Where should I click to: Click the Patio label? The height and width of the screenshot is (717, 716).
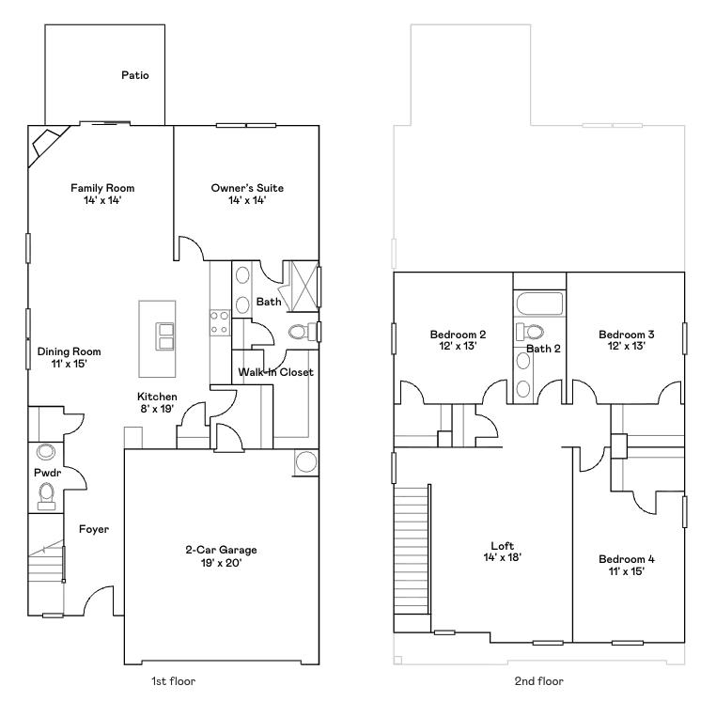tap(135, 75)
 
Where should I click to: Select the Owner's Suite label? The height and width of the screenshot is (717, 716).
tap(246, 188)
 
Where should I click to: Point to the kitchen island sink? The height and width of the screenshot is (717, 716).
tap(164, 335)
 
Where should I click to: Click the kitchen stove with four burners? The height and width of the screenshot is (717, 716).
tap(220, 322)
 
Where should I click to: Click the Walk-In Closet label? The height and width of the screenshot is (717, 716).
tap(275, 372)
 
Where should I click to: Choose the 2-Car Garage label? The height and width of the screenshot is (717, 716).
tap(221, 550)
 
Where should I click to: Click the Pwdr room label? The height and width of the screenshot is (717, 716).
tap(47, 473)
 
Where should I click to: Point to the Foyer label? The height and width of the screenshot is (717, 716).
tap(93, 529)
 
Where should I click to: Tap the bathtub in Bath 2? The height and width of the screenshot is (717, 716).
tap(539, 304)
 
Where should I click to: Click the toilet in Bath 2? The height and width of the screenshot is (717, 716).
tap(531, 331)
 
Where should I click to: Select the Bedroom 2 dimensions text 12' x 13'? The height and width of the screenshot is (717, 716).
tap(458, 346)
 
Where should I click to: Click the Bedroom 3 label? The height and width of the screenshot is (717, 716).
tap(626, 335)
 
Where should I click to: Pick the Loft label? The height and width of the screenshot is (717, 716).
tap(502, 546)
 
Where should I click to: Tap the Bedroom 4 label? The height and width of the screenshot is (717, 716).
tap(627, 559)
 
